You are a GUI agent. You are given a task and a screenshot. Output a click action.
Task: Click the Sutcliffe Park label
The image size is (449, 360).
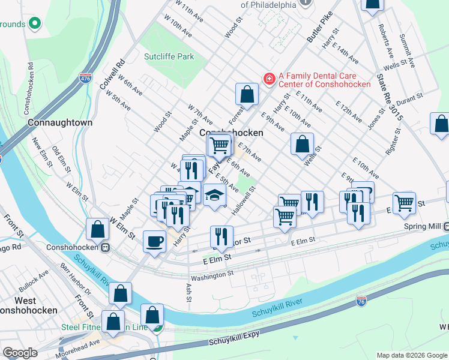click(x=169, y=56)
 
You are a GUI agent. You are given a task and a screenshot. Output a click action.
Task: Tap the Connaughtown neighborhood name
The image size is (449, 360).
click(x=60, y=122)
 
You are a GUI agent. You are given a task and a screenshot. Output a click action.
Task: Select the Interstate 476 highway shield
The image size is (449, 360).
click(x=86, y=77)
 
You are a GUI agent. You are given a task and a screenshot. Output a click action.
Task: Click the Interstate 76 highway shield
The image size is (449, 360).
click(x=361, y=300)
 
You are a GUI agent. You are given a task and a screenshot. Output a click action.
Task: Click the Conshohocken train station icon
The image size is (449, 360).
click(x=105, y=247)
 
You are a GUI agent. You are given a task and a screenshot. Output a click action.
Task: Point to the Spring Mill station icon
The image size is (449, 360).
click(x=447, y=227)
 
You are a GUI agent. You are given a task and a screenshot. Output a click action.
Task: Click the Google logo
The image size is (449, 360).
click(x=20, y=352)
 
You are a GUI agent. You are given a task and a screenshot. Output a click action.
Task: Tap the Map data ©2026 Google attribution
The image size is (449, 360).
click(x=412, y=355)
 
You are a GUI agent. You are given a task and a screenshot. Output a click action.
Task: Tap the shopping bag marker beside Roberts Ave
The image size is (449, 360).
click(x=372, y=5)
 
